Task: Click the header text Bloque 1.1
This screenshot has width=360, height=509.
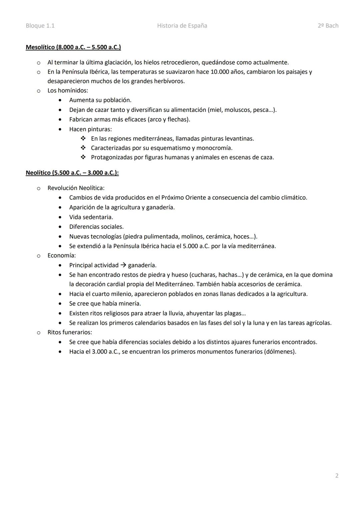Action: (x=40, y=26)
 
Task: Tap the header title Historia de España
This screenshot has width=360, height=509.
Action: (x=182, y=26)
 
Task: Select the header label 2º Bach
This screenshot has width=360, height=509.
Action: (x=328, y=26)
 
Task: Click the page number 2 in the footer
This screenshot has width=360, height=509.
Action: (x=337, y=476)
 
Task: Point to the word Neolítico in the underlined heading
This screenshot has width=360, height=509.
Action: (x=38, y=173)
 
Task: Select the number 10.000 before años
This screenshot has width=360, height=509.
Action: (x=220, y=72)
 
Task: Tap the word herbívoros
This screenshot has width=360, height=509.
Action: (x=170, y=81)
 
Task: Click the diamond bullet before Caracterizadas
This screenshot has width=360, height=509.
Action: (x=83, y=148)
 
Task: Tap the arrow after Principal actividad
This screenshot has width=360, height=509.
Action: (x=123, y=265)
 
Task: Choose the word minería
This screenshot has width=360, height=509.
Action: (x=129, y=303)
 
